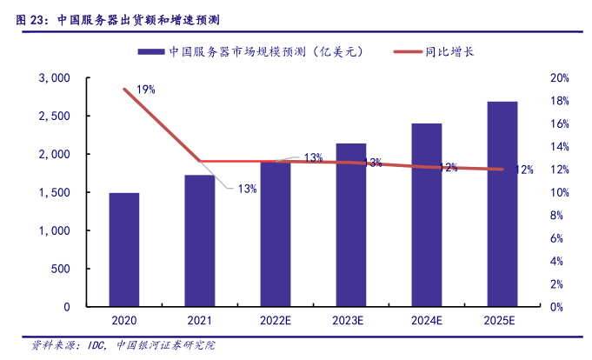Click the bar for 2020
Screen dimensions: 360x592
point(123,250)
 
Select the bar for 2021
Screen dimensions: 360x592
point(199,241)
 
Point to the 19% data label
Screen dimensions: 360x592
point(145,89)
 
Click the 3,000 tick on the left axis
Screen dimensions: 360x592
point(55,78)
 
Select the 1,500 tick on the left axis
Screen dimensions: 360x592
point(55,192)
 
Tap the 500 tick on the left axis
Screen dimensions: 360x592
point(59,269)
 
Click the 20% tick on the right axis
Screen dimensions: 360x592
point(560,78)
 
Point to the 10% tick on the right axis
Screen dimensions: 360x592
point(560,192)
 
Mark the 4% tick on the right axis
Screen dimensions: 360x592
point(562,261)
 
